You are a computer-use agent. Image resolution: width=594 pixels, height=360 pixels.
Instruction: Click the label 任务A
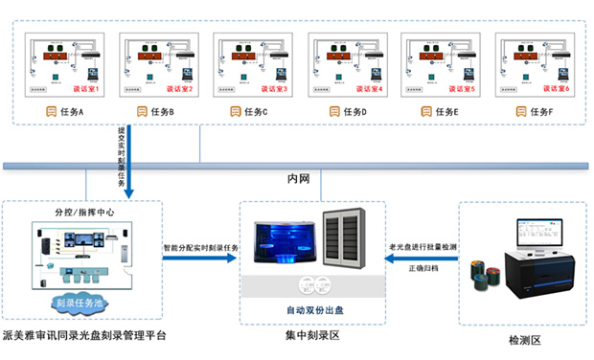(x=72, y=112)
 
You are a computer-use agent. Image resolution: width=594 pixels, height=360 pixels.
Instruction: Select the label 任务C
(x=260, y=112)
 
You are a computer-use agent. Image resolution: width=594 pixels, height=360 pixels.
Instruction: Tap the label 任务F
(x=541, y=112)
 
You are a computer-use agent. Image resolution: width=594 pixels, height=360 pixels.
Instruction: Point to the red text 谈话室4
(x=367, y=89)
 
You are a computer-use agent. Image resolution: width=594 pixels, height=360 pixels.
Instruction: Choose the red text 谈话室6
(x=555, y=89)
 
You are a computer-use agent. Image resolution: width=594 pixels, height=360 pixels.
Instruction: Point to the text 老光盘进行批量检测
(x=423, y=246)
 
